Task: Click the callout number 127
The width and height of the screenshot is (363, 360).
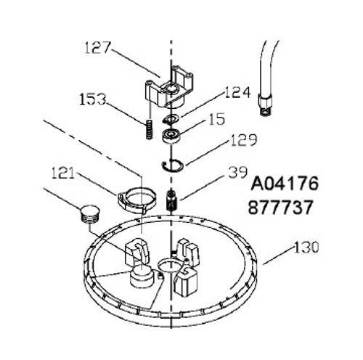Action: click(98, 48)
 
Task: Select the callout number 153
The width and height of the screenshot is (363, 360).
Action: click(93, 99)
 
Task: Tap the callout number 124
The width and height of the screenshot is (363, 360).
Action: click(237, 92)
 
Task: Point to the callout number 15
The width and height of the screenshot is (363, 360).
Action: click(217, 119)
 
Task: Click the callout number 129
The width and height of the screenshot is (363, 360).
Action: click(244, 140)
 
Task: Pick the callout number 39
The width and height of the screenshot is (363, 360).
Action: click(238, 172)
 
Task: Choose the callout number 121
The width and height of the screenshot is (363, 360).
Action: click(63, 173)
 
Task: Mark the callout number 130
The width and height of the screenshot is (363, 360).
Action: click(306, 247)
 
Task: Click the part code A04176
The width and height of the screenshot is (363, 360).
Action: click(285, 184)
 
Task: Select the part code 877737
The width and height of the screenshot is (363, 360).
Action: click(281, 207)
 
